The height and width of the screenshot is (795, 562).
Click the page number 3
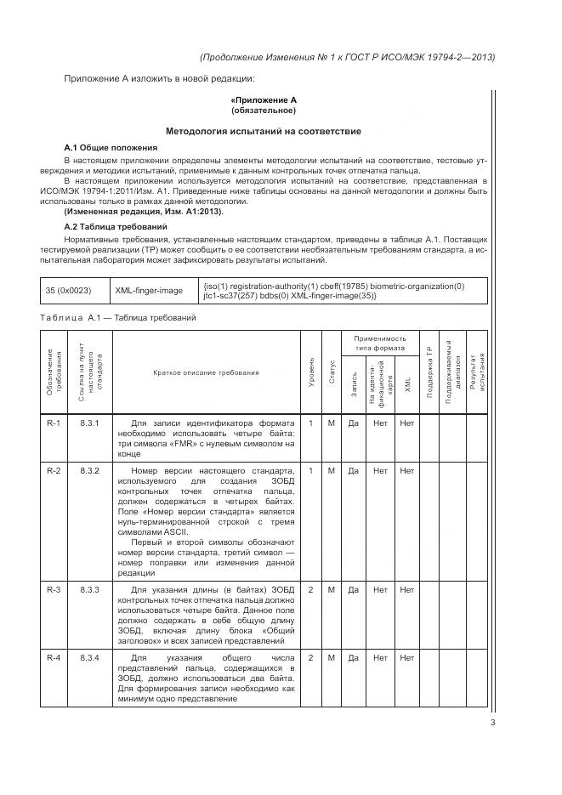[x=492, y=724]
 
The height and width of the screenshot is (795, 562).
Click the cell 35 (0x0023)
[x=68, y=291]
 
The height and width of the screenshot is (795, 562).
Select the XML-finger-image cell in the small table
[x=149, y=291]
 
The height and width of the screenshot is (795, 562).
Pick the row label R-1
[x=53, y=423]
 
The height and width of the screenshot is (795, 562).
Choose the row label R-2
[x=53, y=470]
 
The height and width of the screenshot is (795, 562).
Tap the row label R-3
[x=53, y=589]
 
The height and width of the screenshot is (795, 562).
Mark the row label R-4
[x=53, y=658]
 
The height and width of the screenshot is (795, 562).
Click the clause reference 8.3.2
[x=89, y=470]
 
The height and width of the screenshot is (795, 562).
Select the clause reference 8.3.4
[x=89, y=658]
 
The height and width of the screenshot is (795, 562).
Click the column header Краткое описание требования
[x=207, y=373]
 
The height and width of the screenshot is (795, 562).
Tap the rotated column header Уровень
[x=311, y=373]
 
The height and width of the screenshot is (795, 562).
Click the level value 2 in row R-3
[x=311, y=589]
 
